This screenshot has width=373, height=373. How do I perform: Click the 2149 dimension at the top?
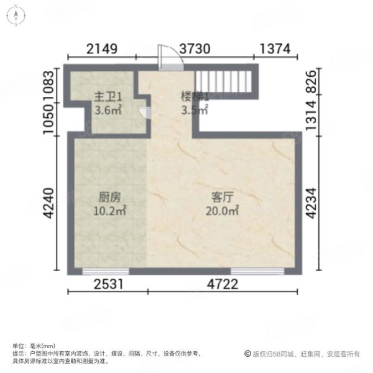click(102, 48)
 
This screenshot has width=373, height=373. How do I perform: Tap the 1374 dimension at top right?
click(274, 48)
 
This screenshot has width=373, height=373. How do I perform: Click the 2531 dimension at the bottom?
click(111, 286)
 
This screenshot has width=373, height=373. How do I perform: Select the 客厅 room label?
click(222, 198)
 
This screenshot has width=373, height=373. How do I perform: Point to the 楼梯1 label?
click(194, 97)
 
